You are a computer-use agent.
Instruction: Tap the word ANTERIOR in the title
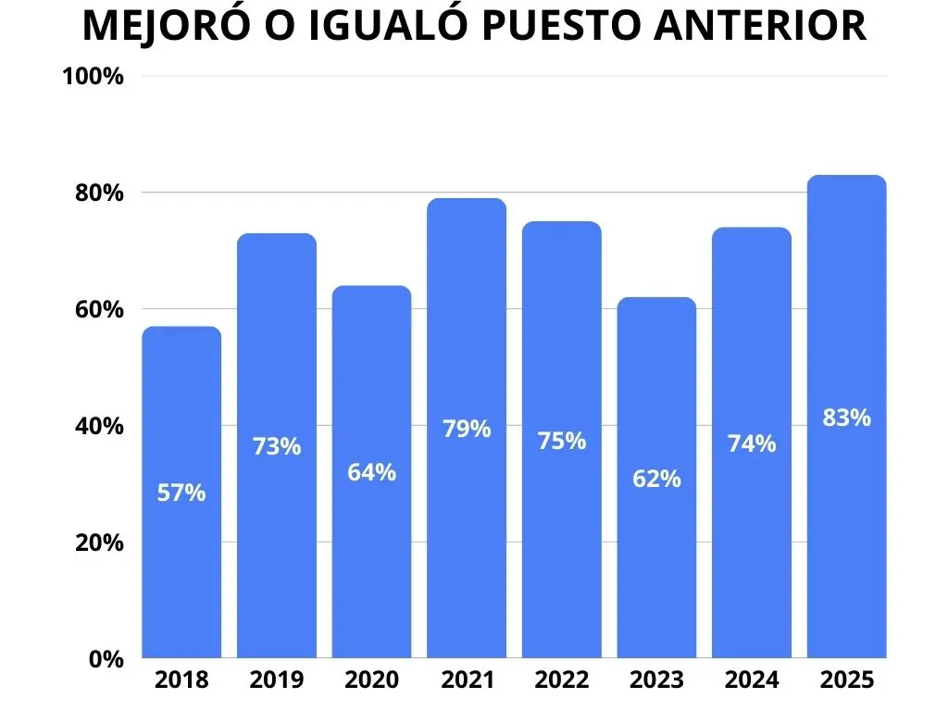pos(760,27)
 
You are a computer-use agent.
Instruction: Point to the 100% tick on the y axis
pos(93,77)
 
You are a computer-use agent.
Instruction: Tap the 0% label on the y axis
pos(106,659)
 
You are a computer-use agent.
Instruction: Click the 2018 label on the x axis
pos(181,680)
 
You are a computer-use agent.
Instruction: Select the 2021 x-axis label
pos(467,680)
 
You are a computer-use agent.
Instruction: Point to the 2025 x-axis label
pos(846,680)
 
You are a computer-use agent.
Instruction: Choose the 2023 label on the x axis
pos(656,680)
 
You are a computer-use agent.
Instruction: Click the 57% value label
pos(181,493)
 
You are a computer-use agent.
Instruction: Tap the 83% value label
pos(846,418)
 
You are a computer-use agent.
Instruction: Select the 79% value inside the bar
pos(467,429)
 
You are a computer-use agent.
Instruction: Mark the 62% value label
pos(656,479)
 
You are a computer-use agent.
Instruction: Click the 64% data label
pos(371,472)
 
